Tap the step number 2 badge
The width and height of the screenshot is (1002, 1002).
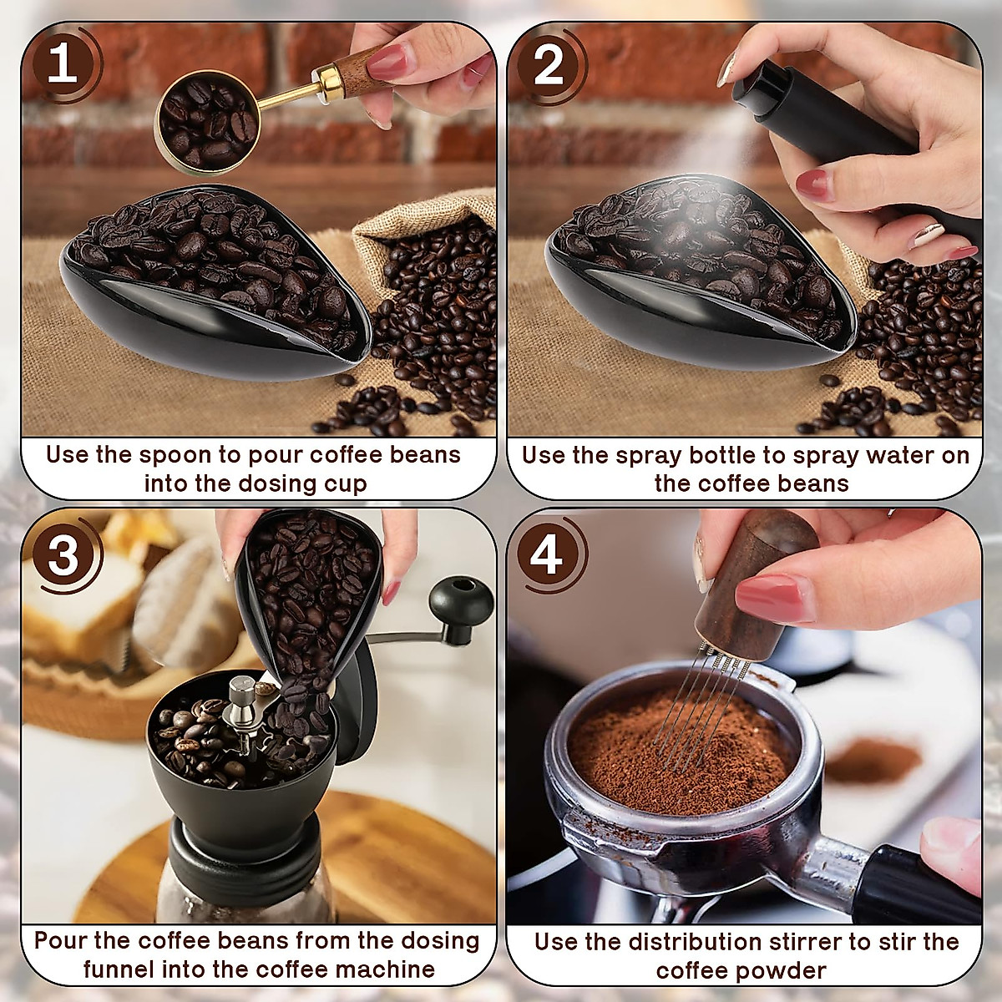pos(548,65)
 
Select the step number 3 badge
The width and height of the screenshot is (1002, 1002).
pos(63,554)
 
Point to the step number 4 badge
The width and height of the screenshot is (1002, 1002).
pos(548,554)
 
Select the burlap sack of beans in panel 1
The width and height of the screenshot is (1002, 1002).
pos(417,276)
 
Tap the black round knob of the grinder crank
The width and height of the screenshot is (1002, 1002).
pos(460,598)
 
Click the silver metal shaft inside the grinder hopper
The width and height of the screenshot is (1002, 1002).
pos(243,701)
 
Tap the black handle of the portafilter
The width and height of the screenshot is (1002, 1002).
pos(918,885)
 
